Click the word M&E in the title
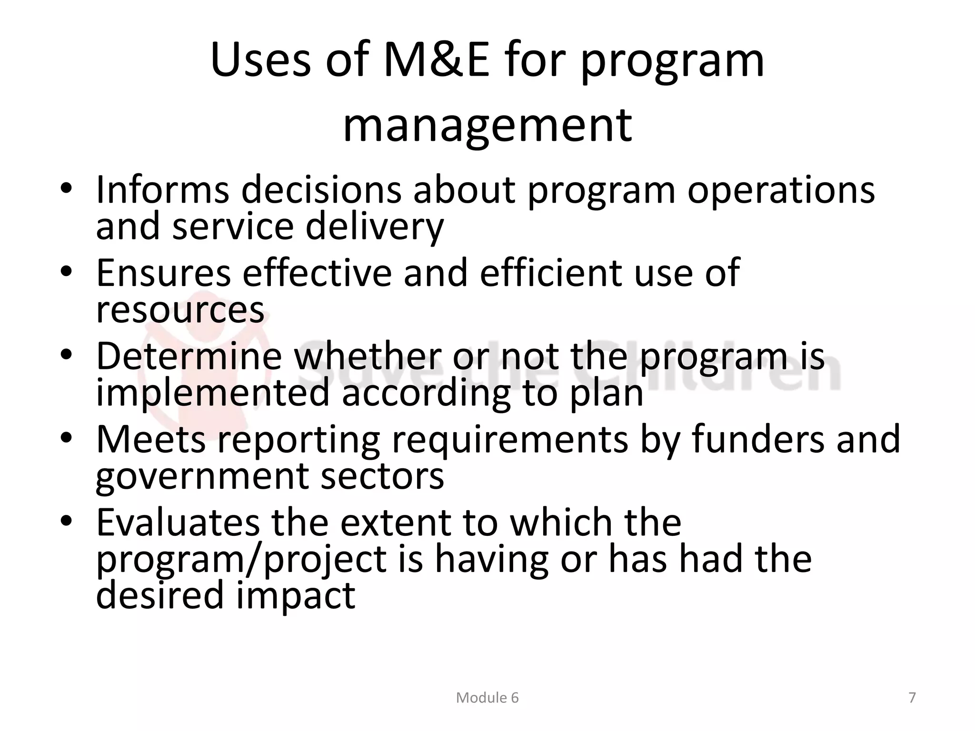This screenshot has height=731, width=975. [x=436, y=61]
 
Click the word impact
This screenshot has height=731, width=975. [x=296, y=596]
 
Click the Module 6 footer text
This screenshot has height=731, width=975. [x=487, y=698]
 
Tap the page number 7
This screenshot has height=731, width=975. [x=912, y=698]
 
